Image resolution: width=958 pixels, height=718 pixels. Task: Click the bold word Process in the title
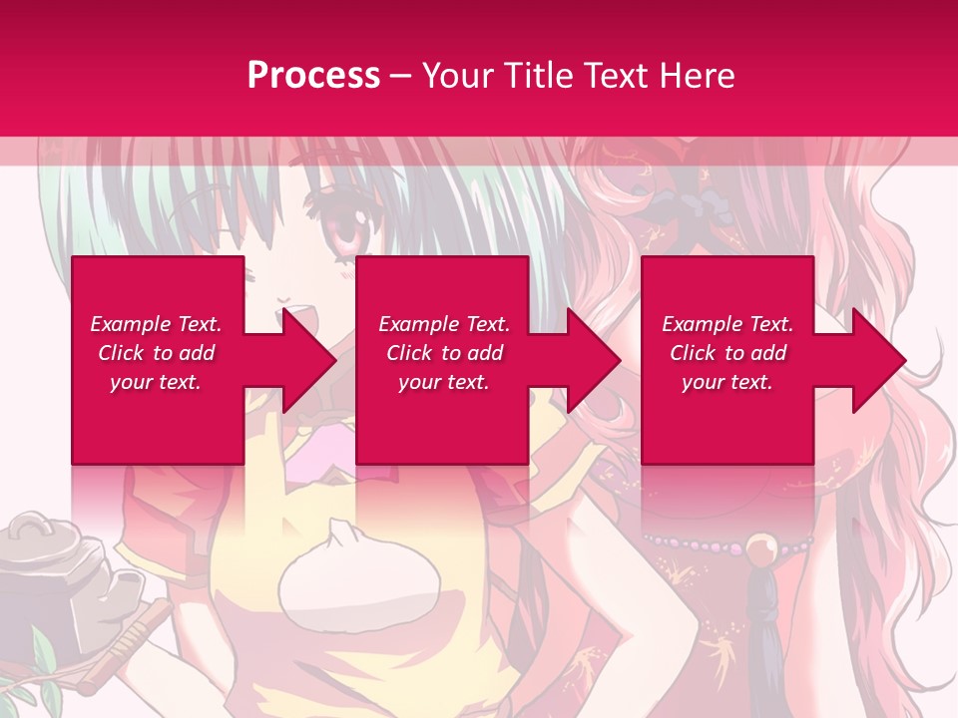pos(313,75)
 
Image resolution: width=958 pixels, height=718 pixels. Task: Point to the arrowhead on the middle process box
pos(593,360)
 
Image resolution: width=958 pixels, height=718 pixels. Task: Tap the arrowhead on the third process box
pos(877,360)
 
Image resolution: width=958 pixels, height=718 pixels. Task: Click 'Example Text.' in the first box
pos(156,324)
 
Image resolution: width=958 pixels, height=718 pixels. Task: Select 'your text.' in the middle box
pos(443,382)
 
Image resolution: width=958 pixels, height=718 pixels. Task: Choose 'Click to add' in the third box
pos(727,353)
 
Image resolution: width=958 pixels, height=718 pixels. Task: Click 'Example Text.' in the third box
pos(727,324)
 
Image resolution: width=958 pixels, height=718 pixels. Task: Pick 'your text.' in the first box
pos(156,382)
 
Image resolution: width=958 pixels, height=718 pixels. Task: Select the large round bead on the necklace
pos(762,547)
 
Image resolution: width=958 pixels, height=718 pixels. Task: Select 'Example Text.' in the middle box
pos(443,324)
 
